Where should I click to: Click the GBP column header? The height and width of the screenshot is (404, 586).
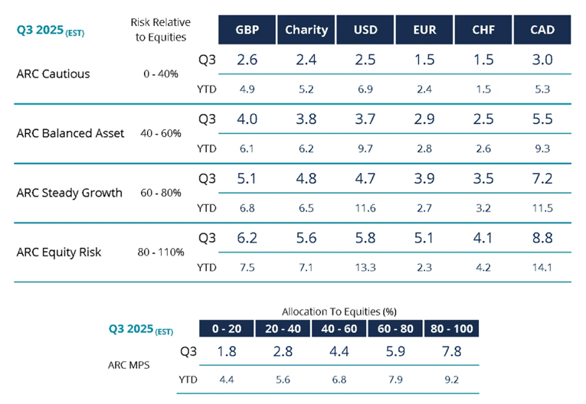[246, 30]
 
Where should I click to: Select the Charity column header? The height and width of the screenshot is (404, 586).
[306, 30]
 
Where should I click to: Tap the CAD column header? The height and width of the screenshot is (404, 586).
[543, 30]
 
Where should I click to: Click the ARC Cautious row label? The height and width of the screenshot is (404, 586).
[53, 74]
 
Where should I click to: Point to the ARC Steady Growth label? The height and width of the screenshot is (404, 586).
[69, 192]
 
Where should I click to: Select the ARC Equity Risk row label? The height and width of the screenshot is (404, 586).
[58, 252]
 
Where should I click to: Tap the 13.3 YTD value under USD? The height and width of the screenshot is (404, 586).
[365, 267]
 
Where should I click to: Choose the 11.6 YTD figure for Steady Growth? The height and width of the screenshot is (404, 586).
[365, 208]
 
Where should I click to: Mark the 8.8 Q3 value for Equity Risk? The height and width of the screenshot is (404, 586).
[543, 238]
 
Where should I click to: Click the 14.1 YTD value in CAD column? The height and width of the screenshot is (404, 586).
[543, 267]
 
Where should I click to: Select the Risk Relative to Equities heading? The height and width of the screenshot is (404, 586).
[160, 30]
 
